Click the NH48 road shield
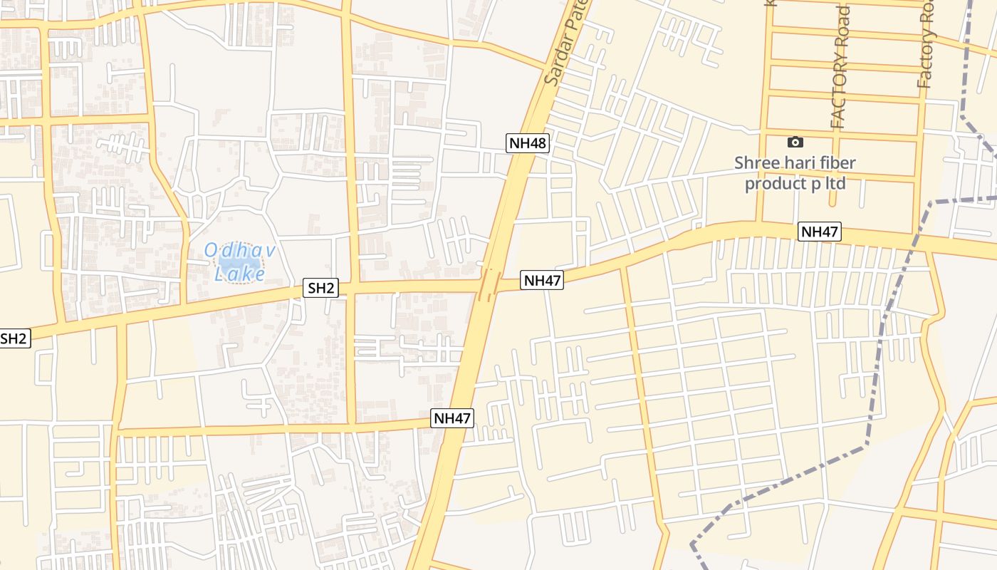point(528,143)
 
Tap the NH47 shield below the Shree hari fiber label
point(820,232)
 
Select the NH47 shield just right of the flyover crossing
point(543,281)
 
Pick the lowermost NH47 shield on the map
point(452,418)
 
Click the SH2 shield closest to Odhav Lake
point(320,288)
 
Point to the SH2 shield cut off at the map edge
point(14,338)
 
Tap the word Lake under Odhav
point(239,273)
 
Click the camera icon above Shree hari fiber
point(795,142)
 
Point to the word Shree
point(756,162)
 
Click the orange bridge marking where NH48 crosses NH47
point(489,284)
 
